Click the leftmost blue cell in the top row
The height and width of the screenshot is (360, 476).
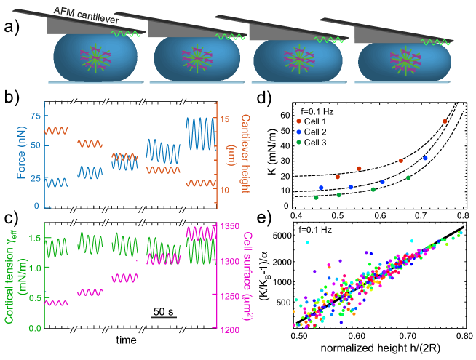click(95, 57)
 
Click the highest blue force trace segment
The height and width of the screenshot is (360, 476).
click(200, 132)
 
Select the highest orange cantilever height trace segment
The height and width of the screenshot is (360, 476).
click(57, 130)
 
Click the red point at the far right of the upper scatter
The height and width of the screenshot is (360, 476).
click(445, 121)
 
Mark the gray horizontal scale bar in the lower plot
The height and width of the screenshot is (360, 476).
click(163, 318)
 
